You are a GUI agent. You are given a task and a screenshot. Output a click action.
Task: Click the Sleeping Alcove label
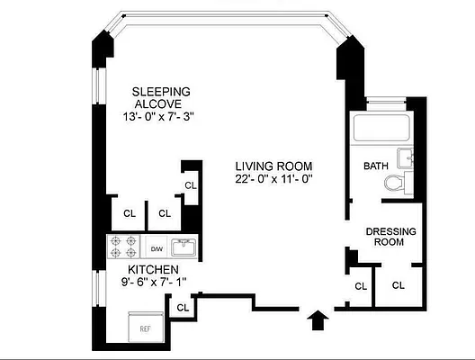(162, 97)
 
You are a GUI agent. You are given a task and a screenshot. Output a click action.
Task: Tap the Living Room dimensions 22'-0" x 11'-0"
(273, 180)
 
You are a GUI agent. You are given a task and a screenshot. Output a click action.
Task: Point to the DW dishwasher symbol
(156, 248)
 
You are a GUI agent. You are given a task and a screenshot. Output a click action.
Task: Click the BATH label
(375, 166)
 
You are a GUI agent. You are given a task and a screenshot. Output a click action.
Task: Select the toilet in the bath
(394, 184)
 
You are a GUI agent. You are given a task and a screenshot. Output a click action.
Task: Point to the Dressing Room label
(390, 237)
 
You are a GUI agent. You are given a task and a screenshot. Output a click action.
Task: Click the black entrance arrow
(317, 321)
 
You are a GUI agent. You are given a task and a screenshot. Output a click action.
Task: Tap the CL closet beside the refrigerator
(183, 308)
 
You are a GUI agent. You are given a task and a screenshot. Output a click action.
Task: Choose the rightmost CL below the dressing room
(398, 286)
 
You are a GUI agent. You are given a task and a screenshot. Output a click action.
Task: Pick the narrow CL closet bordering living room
(191, 185)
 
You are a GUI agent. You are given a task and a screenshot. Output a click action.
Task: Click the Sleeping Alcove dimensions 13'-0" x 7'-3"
(162, 117)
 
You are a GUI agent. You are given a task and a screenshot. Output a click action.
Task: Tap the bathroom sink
(408, 161)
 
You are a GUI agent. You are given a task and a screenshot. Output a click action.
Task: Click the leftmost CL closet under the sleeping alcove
(130, 213)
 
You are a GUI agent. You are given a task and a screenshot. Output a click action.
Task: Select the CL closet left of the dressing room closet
(361, 286)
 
